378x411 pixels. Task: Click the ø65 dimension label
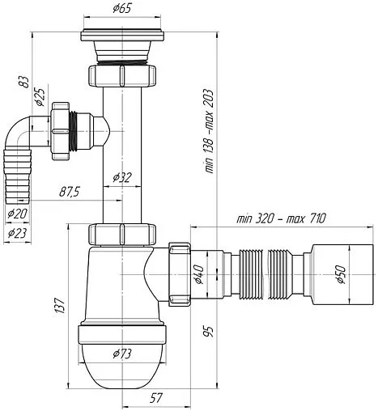[x=121, y=8]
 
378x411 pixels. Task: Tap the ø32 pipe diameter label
[x=122, y=177]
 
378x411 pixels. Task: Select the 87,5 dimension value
[x=70, y=192]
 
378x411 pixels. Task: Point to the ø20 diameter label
[x=18, y=214]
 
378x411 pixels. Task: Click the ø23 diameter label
[x=18, y=233]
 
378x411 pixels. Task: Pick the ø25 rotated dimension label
[x=40, y=97]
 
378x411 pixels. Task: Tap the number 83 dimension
[x=24, y=82]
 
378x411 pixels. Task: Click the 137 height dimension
[x=60, y=305]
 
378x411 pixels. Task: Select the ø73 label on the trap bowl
[x=122, y=354]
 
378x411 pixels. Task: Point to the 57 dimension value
[x=156, y=398]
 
